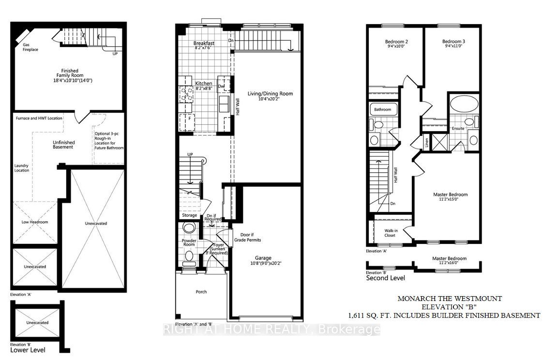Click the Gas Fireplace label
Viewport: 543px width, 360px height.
[30, 47]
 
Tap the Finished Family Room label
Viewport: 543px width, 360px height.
[70, 73]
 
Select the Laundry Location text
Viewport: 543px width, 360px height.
[21, 168]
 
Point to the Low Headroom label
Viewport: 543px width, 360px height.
[35, 222]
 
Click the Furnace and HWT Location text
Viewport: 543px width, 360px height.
[39, 118]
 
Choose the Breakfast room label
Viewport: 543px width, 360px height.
[204, 43]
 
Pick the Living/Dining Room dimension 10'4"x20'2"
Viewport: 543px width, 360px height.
[269, 99]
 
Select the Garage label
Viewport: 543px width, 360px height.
[263, 258]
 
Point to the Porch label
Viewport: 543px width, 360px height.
[201, 292]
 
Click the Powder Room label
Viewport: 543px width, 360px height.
[189, 242]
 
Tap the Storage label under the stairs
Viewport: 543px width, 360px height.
[189, 215]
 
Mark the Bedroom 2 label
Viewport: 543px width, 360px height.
[396, 42]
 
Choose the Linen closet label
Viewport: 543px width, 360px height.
[427, 142]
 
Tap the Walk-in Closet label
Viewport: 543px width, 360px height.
[391, 233]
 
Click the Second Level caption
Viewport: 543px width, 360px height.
[385, 278]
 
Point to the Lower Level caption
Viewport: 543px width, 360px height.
[28, 350]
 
